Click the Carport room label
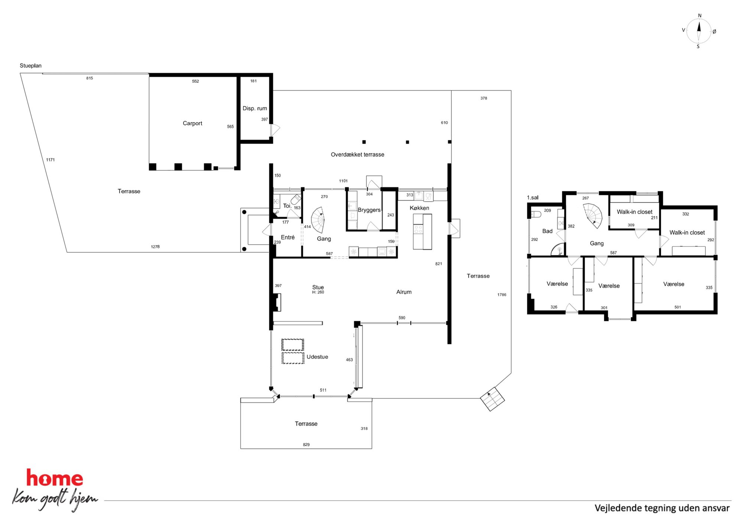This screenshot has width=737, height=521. coord(192,123)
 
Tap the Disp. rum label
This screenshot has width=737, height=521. coord(255,108)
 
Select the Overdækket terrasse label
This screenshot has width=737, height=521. coord(357,154)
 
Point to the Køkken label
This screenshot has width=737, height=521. coord(419,208)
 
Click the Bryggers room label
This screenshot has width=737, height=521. coord(369,210)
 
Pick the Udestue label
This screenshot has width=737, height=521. coord(317,357)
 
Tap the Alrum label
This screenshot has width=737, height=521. coord(404,292)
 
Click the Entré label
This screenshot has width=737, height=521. coord(288,237)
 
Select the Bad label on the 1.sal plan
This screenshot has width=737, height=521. coord(547,231)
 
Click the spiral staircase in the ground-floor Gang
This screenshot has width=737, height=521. coord(318,220)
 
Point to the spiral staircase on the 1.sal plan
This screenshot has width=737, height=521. coord(593,216)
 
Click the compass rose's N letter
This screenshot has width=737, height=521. coord(700,16)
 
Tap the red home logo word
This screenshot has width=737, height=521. coord(55,478)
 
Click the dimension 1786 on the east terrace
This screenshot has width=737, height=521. coord(502,295)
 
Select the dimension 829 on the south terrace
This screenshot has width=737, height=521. coord(306,445)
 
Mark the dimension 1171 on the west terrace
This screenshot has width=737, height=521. coord(50,160)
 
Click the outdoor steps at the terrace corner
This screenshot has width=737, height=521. coord(492,399)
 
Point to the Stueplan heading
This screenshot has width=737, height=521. coord(30,66)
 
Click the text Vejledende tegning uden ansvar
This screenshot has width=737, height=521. coord(662,508)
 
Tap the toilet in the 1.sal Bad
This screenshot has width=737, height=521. coord(536,214)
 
